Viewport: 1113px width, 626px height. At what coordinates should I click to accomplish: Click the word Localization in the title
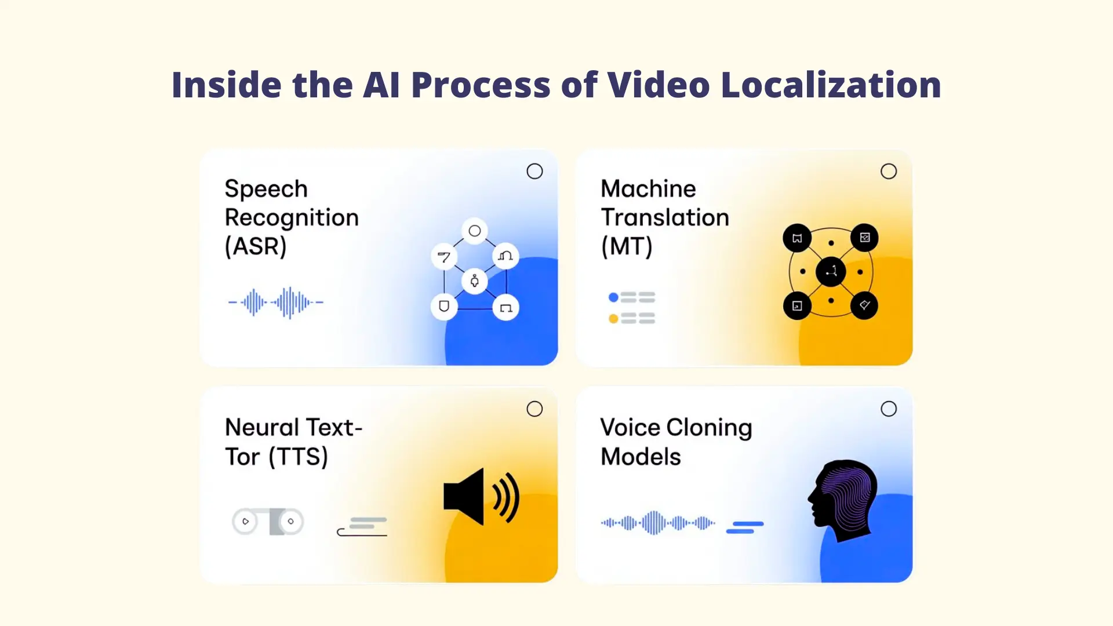tap(831, 85)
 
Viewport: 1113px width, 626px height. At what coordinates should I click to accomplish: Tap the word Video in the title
tap(659, 85)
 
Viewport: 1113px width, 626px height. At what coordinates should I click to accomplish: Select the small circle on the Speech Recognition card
tap(534, 171)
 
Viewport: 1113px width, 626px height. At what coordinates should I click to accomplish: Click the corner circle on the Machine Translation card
tap(889, 171)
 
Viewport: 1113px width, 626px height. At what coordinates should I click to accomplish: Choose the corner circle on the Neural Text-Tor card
tap(534, 409)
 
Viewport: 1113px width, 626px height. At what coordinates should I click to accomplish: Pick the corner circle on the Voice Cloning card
tap(889, 409)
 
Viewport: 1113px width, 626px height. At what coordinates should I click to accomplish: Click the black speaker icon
tap(481, 497)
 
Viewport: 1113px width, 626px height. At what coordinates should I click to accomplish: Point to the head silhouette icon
tap(843, 500)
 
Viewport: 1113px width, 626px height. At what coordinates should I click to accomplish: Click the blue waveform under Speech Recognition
tap(276, 303)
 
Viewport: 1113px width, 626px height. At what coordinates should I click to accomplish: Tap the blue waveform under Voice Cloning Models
tap(658, 523)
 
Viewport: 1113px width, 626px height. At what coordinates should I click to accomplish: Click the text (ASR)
tap(256, 246)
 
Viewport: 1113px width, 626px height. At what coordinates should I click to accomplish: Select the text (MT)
tap(627, 246)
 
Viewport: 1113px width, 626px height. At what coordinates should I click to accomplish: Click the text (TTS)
tap(298, 457)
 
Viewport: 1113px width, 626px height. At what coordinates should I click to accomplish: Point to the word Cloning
tap(709, 428)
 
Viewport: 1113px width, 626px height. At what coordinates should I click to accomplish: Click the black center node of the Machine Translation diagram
tap(831, 271)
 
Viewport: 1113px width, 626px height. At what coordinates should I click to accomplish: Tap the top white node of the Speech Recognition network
tap(475, 231)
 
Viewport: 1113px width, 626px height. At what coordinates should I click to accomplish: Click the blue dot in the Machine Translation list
tap(613, 297)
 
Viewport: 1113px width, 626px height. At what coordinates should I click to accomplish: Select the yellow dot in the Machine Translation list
tap(613, 318)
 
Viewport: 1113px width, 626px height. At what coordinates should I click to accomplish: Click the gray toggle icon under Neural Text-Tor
tap(268, 521)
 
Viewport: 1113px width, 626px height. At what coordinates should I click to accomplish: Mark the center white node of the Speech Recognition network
tap(475, 282)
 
